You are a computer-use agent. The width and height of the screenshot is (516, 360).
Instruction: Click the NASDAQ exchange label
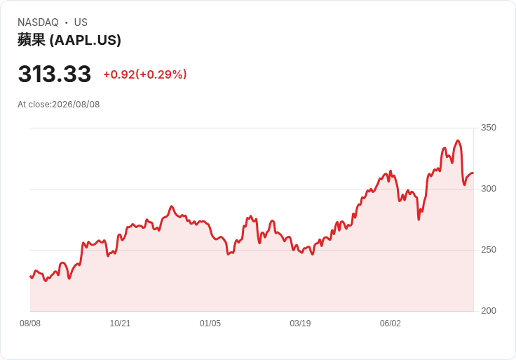pyautogui.click(x=38, y=22)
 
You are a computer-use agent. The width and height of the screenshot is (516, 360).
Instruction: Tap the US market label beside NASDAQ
pyautogui.click(x=81, y=22)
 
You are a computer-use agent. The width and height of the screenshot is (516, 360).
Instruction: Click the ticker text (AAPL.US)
pyautogui.click(x=86, y=40)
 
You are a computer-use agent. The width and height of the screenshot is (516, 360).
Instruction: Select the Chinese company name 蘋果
pyautogui.click(x=32, y=40)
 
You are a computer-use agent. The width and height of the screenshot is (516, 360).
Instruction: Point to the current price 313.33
pyautogui.click(x=54, y=74)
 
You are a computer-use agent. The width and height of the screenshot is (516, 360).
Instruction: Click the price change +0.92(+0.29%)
pyautogui.click(x=145, y=74)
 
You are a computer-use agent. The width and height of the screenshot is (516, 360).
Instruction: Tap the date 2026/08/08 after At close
pyautogui.click(x=76, y=105)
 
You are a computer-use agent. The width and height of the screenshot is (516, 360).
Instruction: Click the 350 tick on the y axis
pyautogui.click(x=489, y=128)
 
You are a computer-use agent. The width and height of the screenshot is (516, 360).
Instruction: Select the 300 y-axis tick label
pyautogui.click(x=489, y=189)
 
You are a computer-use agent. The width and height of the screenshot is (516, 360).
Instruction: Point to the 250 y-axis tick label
pyautogui.click(x=489, y=250)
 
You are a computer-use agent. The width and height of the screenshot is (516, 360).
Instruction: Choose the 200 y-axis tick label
pyautogui.click(x=489, y=311)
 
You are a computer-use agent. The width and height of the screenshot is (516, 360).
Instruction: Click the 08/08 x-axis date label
pyautogui.click(x=30, y=324)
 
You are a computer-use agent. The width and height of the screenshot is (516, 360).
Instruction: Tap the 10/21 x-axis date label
pyautogui.click(x=120, y=324)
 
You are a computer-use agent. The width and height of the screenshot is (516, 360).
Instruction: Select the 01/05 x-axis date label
pyautogui.click(x=210, y=324)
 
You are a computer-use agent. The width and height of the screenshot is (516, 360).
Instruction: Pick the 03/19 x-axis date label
pyautogui.click(x=300, y=324)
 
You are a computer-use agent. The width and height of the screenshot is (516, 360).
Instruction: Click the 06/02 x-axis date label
pyautogui.click(x=391, y=324)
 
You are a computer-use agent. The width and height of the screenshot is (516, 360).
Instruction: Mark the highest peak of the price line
pyautogui.click(x=458, y=140)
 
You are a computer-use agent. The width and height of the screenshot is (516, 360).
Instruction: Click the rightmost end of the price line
pyautogui.click(x=473, y=173)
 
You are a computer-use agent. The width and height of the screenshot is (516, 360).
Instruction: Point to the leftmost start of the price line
pyautogui.click(x=30, y=276)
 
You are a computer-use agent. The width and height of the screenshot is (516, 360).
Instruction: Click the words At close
pyautogui.click(x=34, y=105)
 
